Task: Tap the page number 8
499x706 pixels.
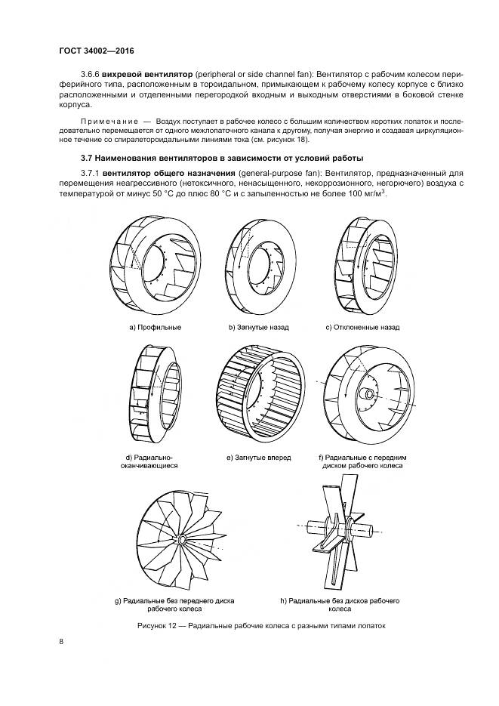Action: coord(60,642)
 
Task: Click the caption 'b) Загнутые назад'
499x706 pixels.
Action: coord(259,328)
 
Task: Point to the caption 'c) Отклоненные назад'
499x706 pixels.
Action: coord(362,328)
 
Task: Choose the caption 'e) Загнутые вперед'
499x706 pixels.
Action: coord(258,458)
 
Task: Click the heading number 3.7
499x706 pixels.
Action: coord(86,158)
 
